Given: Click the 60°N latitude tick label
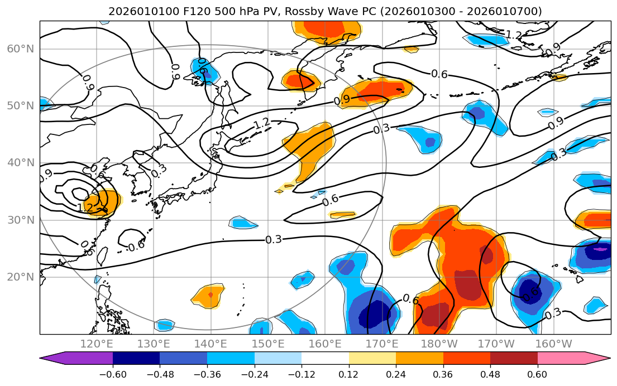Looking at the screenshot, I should coord(21,49).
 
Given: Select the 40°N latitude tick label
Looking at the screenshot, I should coord(21,163).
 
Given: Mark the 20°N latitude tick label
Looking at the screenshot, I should coord(21,277).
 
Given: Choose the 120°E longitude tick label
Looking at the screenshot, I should coord(97,344).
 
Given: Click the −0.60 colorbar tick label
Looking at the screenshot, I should coord(113,374).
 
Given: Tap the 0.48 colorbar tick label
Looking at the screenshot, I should coord(490,374).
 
